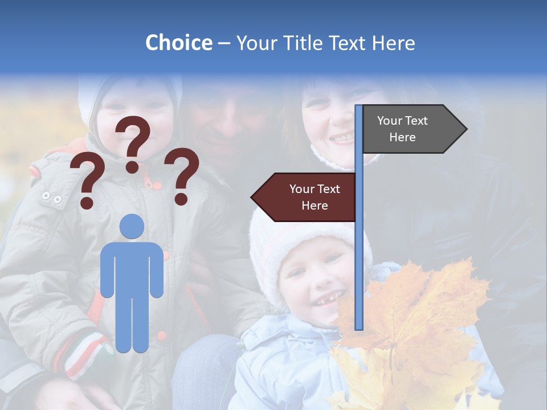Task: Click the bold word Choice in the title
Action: (x=178, y=43)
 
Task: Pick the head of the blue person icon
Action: (x=132, y=226)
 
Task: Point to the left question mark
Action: (x=85, y=180)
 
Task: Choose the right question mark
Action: (x=182, y=175)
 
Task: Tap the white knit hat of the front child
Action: (x=296, y=233)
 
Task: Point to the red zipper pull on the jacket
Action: (x=150, y=183)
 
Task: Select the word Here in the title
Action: (x=393, y=43)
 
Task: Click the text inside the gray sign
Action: (x=402, y=129)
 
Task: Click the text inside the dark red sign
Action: (x=315, y=197)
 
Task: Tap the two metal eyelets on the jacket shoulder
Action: (x=51, y=198)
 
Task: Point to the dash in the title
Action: (x=224, y=43)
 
